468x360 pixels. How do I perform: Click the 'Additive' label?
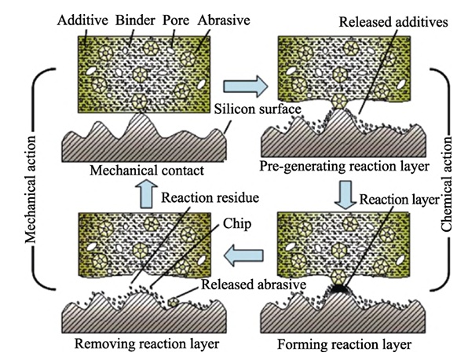click(82, 20)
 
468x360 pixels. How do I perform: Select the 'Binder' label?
click(135, 20)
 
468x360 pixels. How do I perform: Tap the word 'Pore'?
click(176, 20)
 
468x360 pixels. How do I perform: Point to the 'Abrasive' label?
click(224, 20)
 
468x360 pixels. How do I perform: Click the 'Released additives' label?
click(393, 22)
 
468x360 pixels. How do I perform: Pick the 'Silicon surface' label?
click(258, 108)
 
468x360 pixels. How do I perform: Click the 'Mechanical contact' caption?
click(147, 171)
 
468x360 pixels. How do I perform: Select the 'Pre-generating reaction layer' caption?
click(344, 167)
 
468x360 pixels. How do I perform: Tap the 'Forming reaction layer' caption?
click(345, 344)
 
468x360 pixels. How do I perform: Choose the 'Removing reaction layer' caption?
click(147, 343)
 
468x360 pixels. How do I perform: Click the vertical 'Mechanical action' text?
click(30, 189)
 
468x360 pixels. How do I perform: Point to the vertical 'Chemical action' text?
click(446, 185)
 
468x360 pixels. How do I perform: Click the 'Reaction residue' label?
click(210, 197)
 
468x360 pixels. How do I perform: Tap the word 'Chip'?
click(237, 224)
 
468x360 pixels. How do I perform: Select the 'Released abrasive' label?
click(254, 284)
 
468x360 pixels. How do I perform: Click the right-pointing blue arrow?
click(245, 86)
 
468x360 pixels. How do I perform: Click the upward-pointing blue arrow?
click(146, 194)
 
